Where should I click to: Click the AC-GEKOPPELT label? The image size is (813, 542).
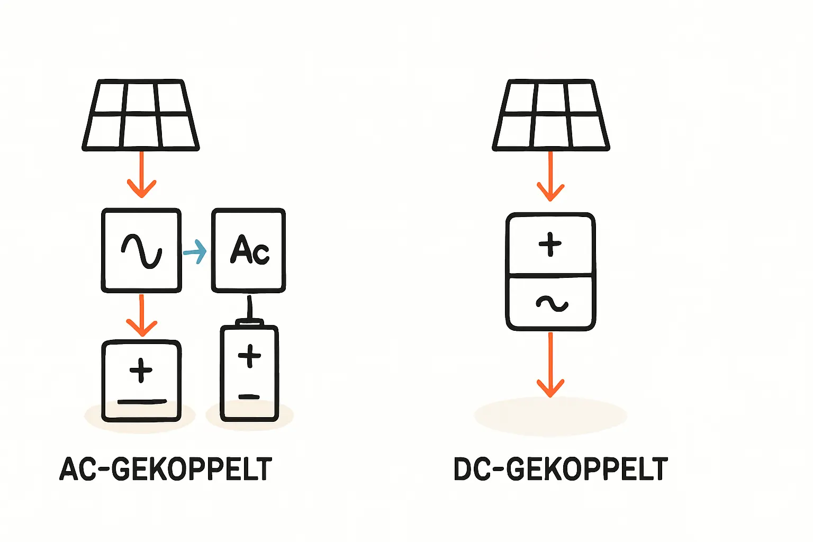166,469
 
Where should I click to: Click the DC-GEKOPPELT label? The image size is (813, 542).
561,469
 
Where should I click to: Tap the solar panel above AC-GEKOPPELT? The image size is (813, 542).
141,115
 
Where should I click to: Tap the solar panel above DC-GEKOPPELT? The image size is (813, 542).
551,115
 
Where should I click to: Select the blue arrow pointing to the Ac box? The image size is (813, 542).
195,252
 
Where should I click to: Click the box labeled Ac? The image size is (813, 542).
249,250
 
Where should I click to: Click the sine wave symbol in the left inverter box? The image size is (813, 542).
141,250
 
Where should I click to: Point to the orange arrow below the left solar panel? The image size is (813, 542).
141,175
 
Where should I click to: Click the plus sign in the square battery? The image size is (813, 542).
141,370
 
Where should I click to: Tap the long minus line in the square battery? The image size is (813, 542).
142,402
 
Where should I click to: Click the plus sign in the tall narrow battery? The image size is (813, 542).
249,355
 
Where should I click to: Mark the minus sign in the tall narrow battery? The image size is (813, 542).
249,396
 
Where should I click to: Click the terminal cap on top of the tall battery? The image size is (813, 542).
249,321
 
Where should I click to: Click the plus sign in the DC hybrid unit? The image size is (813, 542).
550,245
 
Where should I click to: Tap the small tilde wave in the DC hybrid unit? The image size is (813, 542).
552,303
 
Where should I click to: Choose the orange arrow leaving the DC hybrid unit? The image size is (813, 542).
550,365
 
